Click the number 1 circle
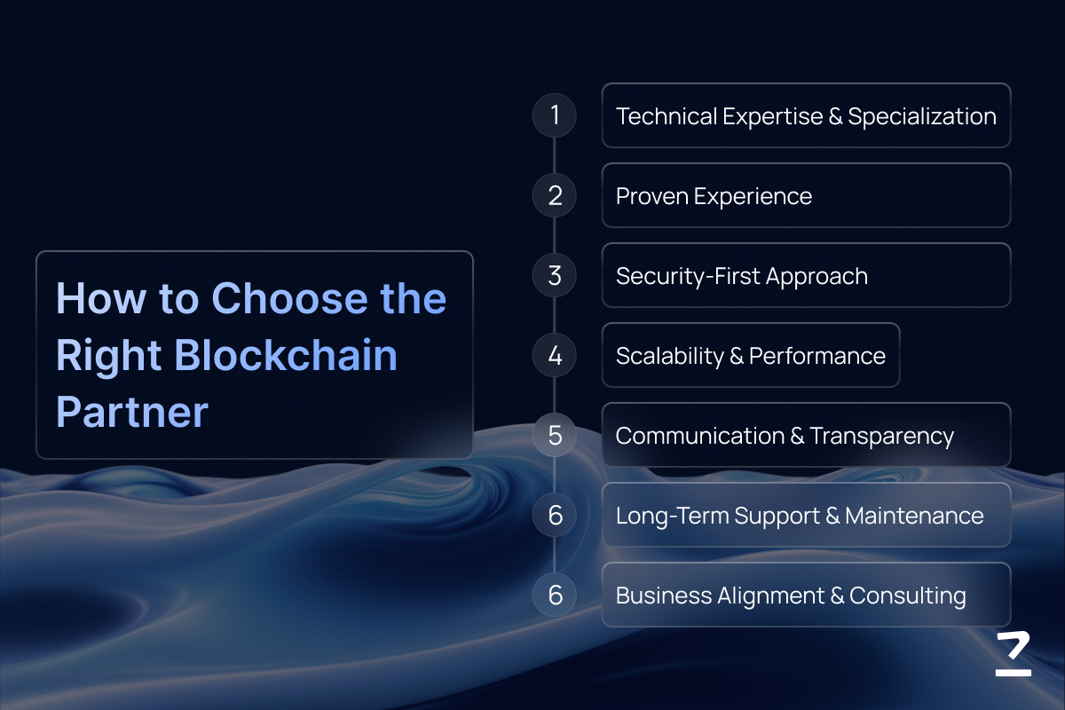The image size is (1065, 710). (x=555, y=115)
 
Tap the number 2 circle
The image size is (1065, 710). (x=555, y=195)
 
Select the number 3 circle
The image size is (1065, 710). (x=555, y=275)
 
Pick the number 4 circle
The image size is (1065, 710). (x=555, y=355)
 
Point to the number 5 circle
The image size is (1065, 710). (x=555, y=435)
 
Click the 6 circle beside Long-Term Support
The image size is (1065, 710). (x=555, y=515)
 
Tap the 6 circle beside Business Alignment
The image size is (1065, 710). (x=555, y=595)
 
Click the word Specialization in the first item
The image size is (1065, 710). (x=922, y=117)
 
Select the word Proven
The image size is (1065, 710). (x=651, y=196)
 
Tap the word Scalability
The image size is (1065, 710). (x=669, y=356)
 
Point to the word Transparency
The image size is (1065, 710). (x=881, y=437)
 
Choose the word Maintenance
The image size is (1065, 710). (x=914, y=516)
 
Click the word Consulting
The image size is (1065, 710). (x=908, y=596)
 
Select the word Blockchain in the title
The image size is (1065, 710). (x=286, y=355)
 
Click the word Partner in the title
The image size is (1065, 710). (x=132, y=411)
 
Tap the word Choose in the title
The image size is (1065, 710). (x=289, y=298)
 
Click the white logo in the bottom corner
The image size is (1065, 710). (x=1014, y=654)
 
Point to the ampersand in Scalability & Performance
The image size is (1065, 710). (x=736, y=356)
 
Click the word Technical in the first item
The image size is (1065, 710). (x=667, y=116)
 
